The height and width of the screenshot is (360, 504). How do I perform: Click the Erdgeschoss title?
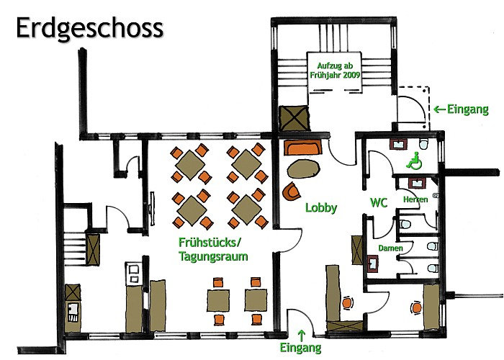[x=90, y=29]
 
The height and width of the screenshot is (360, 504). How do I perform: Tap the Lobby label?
[x=321, y=207]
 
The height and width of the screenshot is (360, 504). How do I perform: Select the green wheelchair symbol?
[x=414, y=160]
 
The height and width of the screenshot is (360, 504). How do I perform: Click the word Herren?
[x=415, y=199]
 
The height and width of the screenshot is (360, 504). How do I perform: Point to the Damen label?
[x=390, y=248]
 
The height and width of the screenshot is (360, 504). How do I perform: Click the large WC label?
[x=379, y=203]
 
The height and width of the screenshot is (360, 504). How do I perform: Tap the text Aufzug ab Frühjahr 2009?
[x=335, y=71]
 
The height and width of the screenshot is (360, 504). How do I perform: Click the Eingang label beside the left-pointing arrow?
[x=468, y=109]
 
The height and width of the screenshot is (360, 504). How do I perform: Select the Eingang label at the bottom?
[x=300, y=348]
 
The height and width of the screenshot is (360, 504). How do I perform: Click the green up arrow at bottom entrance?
[x=301, y=336]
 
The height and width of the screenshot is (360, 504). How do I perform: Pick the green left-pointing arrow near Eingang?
[x=439, y=109]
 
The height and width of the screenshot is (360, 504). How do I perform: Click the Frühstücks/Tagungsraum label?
[x=213, y=250]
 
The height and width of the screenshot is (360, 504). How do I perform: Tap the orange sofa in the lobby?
[x=303, y=148]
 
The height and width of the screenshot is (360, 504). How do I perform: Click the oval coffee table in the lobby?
[x=303, y=169]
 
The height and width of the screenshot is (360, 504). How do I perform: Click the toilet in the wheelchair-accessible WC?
[x=424, y=144]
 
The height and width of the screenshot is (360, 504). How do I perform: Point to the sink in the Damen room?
[x=372, y=264]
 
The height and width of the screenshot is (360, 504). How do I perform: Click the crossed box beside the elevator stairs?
[x=294, y=118]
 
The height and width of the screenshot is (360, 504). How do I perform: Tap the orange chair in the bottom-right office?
[x=416, y=308]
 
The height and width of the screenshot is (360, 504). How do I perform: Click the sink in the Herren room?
[x=417, y=184]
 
